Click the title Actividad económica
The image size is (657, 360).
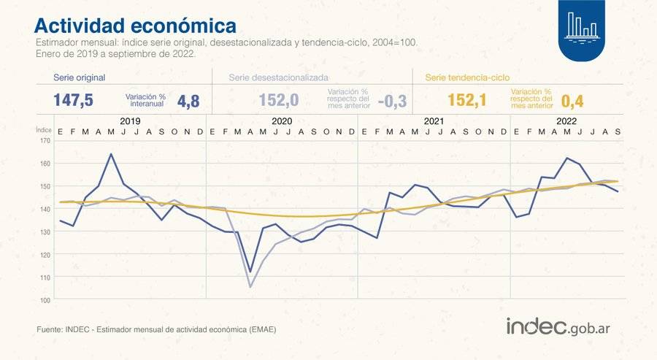point(135,26)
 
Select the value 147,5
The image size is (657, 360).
point(73,101)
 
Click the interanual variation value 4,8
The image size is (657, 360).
point(188,102)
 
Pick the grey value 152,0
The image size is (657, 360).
point(279,101)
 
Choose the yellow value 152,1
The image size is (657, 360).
point(467,101)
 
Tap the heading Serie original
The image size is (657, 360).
point(80,77)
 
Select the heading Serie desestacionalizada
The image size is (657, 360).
point(278,77)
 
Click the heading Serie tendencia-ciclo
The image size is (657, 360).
point(467,77)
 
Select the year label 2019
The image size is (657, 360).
point(130,121)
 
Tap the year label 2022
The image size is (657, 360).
point(566,121)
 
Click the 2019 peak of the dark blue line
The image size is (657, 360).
point(111,154)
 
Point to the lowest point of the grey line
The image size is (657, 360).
point(250,287)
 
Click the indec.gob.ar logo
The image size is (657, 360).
point(558,326)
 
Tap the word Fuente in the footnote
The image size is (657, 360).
point(50,330)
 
